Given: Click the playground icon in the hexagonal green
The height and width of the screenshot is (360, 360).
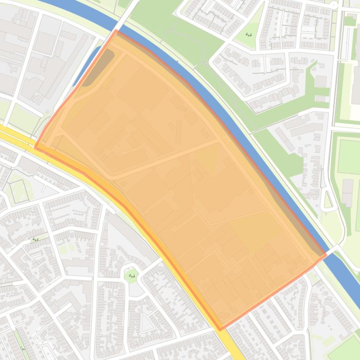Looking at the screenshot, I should click(x=132, y=276).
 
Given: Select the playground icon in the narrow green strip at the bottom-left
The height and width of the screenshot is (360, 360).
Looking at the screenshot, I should click(x=22, y=348).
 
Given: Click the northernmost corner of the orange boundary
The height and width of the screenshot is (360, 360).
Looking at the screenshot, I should click(x=116, y=30).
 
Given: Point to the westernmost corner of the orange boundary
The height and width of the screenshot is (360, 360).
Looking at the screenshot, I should click(x=36, y=147).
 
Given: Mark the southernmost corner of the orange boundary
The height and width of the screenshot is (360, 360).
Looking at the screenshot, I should click(x=220, y=330).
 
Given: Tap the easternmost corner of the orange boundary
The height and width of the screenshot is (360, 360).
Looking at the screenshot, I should click(x=325, y=255).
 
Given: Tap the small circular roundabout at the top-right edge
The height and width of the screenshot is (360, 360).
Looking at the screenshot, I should click(x=333, y=4).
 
